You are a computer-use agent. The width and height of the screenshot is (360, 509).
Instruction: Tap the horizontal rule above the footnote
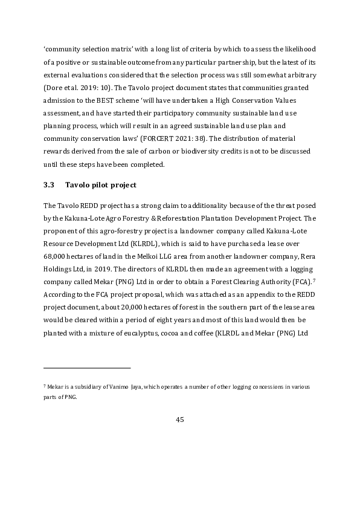[x=87, y=367]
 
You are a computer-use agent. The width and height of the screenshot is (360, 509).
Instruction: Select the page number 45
[x=179, y=420]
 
